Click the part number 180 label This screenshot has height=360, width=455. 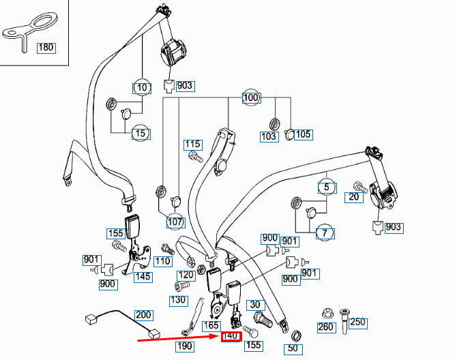46,48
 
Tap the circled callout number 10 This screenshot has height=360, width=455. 142,87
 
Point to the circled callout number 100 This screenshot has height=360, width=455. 251,97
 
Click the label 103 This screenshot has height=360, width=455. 269,136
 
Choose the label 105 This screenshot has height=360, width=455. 304,134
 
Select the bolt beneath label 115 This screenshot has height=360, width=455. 196,157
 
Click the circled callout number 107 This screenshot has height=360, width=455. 175,222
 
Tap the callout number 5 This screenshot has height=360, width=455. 327,187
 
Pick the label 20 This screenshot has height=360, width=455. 354,197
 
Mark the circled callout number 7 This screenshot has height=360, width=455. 325,233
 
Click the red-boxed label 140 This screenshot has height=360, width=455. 231,337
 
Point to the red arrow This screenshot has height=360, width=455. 179,338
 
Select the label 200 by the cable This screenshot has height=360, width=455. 143,315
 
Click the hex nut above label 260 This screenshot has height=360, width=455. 327,314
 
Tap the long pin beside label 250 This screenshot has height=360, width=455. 344,321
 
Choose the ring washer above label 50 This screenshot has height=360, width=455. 296,337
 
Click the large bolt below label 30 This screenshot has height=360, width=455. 263,319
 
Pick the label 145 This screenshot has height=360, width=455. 143,277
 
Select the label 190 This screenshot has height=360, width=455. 185,346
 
